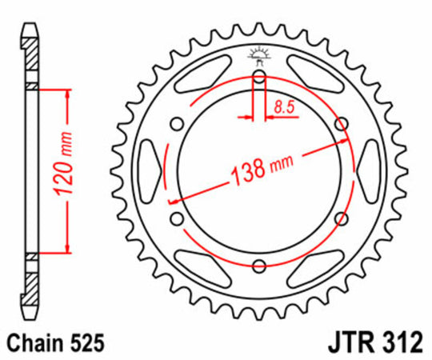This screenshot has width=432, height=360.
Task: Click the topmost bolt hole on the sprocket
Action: coord(258,78)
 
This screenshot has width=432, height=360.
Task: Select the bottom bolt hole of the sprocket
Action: coord(258,266)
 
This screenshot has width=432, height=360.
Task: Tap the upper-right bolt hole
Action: coord(342,124)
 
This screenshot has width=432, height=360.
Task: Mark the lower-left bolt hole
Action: coord(176,220)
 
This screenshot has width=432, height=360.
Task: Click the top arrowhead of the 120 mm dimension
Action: coord(67,94)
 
